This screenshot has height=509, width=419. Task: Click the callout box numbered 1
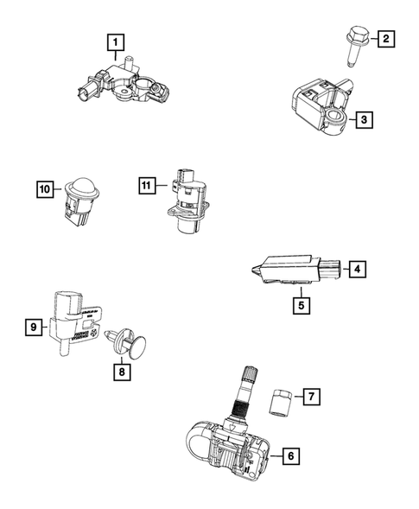coord(114,40)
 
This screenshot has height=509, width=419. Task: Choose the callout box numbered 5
coord(300,303)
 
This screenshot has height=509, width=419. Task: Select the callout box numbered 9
coord(34,327)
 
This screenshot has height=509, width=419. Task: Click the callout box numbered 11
coord(148,184)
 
